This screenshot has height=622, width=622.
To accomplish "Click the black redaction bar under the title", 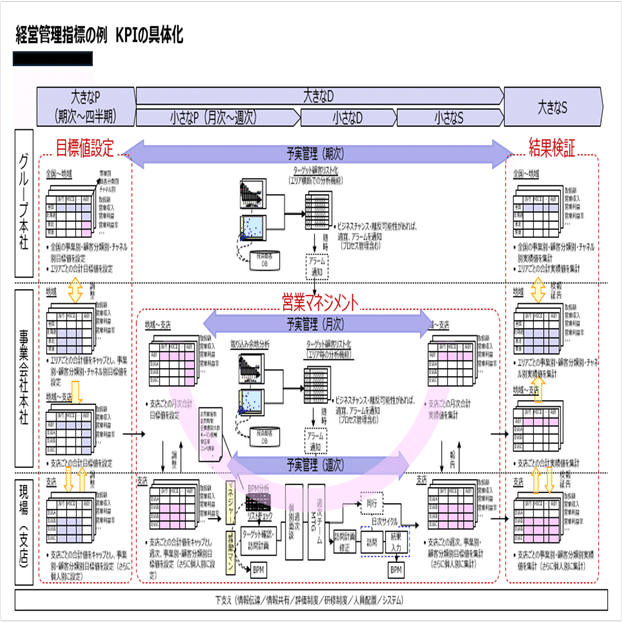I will click(53, 60).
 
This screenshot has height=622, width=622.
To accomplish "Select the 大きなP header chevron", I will click(85, 105).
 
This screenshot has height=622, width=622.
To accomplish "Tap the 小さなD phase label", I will click(348, 117).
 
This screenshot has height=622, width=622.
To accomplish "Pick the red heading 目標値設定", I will click(84, 149).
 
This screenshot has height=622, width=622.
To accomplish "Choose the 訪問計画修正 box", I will click(344, 541).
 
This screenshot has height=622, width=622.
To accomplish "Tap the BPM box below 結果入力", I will click(396, 569).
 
